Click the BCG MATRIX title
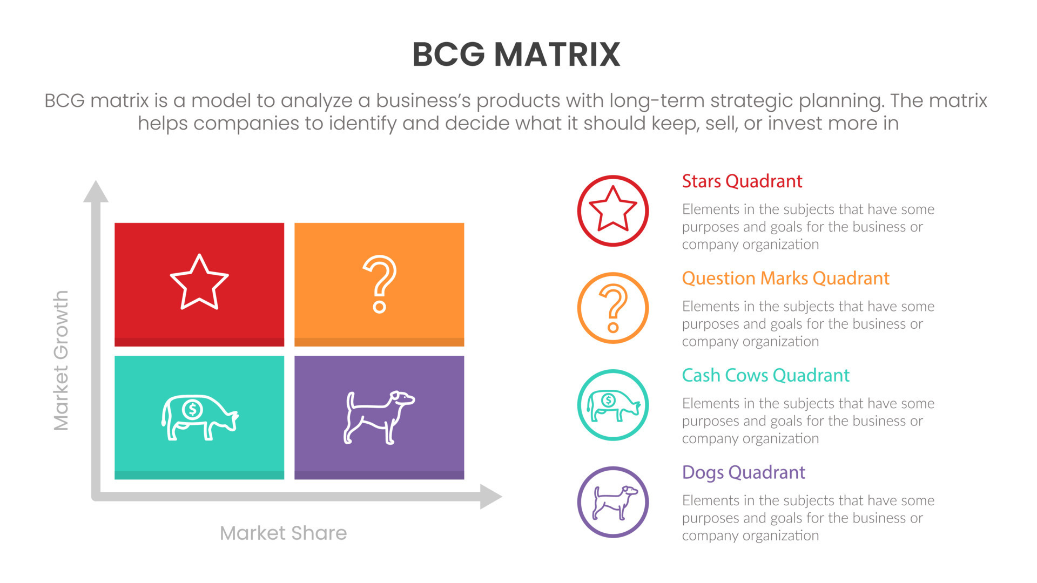[x=516, y=55]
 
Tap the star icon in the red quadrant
[x=199, y=282]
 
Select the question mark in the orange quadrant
[x=380, y=283]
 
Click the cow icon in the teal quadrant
[x=199, y=417]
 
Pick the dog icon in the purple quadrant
[x=379, y=417]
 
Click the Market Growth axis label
[x=61, y=361]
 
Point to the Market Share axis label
[x=283, y=533]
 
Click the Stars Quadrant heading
[x=742, y=181]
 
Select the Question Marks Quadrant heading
[x=785, y=279]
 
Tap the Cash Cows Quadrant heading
[x=765, y=376]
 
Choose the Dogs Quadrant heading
[x=743, y=473]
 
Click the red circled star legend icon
[x=613, y=211]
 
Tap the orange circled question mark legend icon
[x=613, y=308]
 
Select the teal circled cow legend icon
[x=613, y=405]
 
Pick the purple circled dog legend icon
[x=613, y=502]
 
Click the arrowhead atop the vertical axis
[x=96, y=192]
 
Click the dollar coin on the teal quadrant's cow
[x=192, y=409]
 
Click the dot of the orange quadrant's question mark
[x=380, y=308]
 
